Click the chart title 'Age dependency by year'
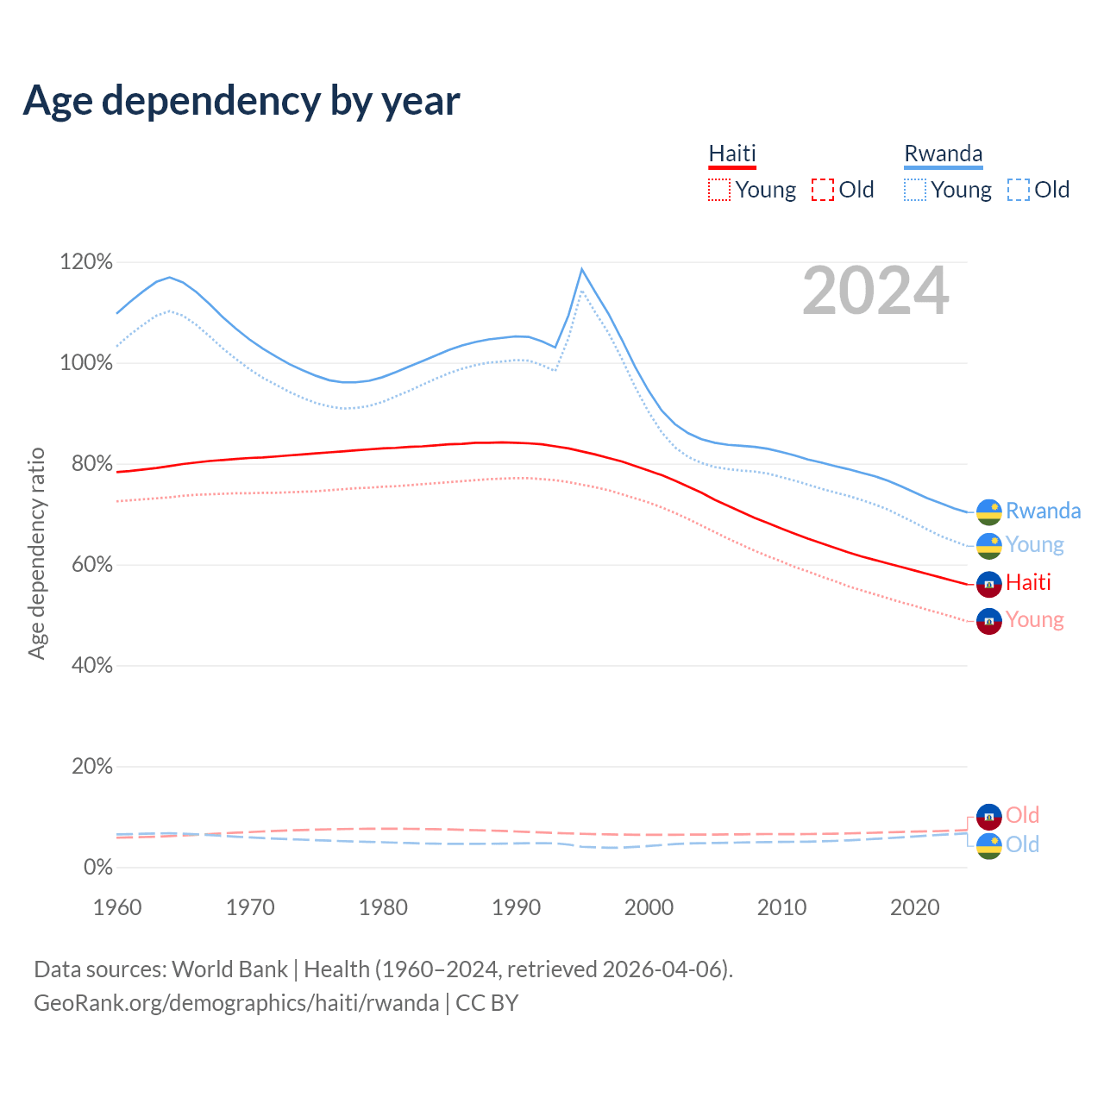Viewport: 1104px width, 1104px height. pos(241,101)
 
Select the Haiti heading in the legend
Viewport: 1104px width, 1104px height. pos(732,154)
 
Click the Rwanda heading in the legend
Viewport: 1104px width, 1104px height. pos(943,154)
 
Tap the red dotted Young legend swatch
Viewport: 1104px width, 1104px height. pos(718,190)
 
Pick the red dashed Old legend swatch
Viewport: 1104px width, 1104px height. pos(823,190)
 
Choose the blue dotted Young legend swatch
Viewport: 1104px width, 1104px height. pos(915,190)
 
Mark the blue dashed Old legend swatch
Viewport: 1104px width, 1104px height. pos(1019,190)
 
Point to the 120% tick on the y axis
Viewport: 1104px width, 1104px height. pos(86,262)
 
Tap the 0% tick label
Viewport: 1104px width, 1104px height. pos(97,868)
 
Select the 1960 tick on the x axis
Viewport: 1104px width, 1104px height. pos(117,907)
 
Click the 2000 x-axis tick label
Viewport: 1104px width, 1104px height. pos(649,907)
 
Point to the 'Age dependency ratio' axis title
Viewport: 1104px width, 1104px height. pos(36,553)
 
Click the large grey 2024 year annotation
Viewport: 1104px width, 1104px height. pos(875,292)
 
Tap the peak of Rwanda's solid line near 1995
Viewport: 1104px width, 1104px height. pos(581,269)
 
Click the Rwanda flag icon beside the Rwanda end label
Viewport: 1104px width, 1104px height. pos(988,512)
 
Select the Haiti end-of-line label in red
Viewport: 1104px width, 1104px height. pos(1028,583)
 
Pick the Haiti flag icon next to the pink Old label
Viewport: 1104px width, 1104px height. pos(988,816)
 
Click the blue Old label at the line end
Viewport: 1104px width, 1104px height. pos(1022,845)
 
